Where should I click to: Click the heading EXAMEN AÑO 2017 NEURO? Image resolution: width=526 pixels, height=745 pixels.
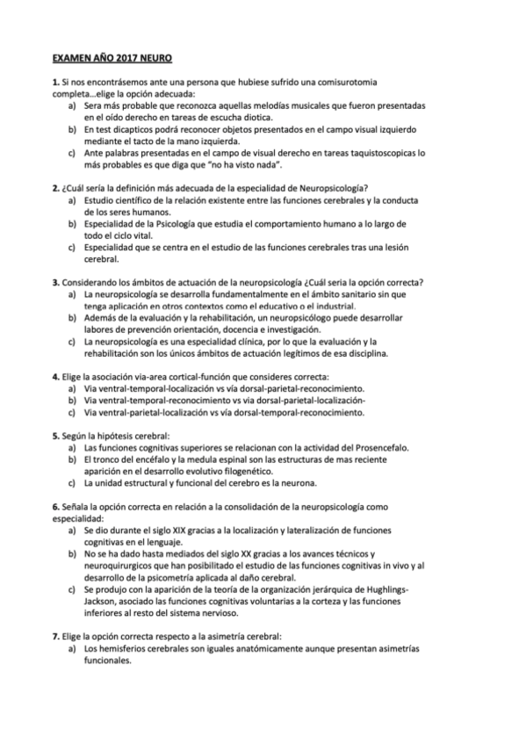[x=112, y=58]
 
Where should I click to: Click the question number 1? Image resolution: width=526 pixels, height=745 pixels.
[x=54, y=82]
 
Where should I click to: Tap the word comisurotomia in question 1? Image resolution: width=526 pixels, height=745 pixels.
[x=350, y=82]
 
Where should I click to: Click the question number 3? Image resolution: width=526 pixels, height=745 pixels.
[x=54, y=283]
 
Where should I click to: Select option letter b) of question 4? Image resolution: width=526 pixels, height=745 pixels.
[x=72, y=400]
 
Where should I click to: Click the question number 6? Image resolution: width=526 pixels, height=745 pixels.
[x=54, y=507]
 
